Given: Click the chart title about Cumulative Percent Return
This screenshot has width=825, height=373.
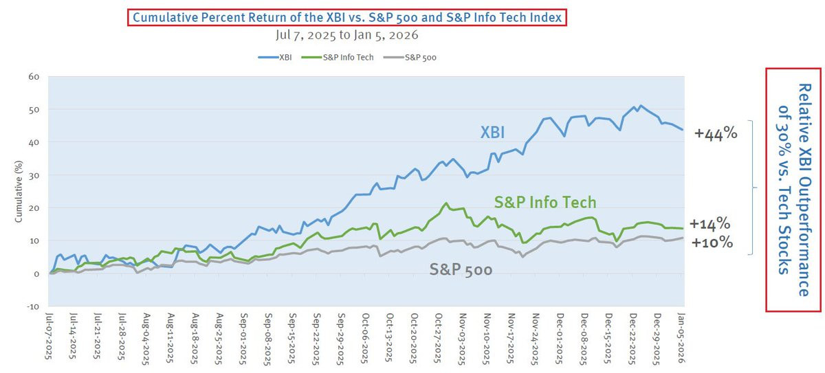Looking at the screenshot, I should tap(346, 16).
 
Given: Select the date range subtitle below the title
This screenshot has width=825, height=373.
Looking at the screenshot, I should tap(346, 34).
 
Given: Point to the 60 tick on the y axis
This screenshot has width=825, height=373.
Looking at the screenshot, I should tap(34, 76).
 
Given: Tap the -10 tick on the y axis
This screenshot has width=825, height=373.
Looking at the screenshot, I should tap(32, 306).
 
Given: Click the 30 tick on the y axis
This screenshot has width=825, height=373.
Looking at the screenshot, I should tap(34, 175).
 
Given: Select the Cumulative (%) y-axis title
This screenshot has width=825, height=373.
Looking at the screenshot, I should tap(19, 192).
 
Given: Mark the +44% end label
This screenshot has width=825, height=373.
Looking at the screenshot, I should tap(715, 134).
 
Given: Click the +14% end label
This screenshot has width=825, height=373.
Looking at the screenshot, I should tap(709, 225).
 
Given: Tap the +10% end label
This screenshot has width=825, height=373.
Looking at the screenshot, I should tap(711, 242).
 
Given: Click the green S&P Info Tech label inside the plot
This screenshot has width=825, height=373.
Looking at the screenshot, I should tap(545, 202).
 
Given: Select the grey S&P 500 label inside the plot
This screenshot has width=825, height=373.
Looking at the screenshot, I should tap(461, 269).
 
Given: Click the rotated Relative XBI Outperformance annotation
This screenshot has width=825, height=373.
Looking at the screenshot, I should tap(793, 190).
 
